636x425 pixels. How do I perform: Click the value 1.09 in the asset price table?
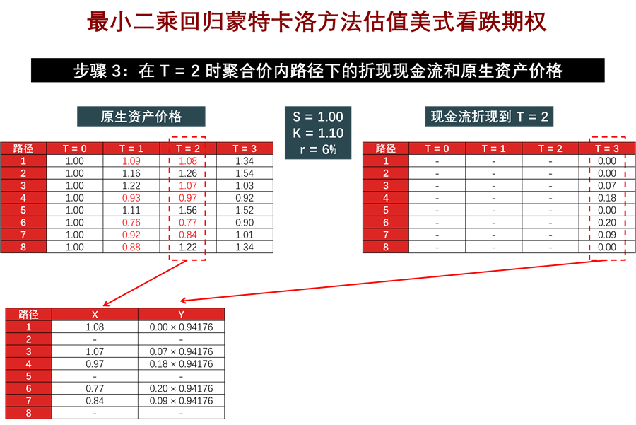pos(131,161)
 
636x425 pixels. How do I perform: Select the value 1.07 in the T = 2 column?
pos(188,186)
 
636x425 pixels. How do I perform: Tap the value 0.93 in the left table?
pos(131,198)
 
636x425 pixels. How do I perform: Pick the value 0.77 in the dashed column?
pos(188,223)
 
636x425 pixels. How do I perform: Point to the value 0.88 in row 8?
pos(131,248)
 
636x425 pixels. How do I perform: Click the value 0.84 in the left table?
pos(188,235)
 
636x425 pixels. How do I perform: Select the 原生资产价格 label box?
pos(141,117)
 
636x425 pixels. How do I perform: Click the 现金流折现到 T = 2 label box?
pos(489,117)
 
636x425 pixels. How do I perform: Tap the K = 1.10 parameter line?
pos(317,134)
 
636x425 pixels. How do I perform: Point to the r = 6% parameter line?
pos(317,150)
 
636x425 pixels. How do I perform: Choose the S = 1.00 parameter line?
pos(317,117)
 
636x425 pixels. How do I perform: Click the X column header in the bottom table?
pos(95,315)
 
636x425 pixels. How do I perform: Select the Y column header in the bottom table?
pos(181,315)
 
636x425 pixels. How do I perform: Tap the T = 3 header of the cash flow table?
pos(606,149)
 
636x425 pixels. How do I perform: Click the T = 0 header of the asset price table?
pos(75,149)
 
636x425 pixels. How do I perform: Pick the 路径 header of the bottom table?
pos(28,315)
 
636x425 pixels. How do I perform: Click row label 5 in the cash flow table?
pos(385,210)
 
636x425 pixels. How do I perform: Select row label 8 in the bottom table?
pos(28,413)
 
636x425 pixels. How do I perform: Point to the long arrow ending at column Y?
pos(389,280)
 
